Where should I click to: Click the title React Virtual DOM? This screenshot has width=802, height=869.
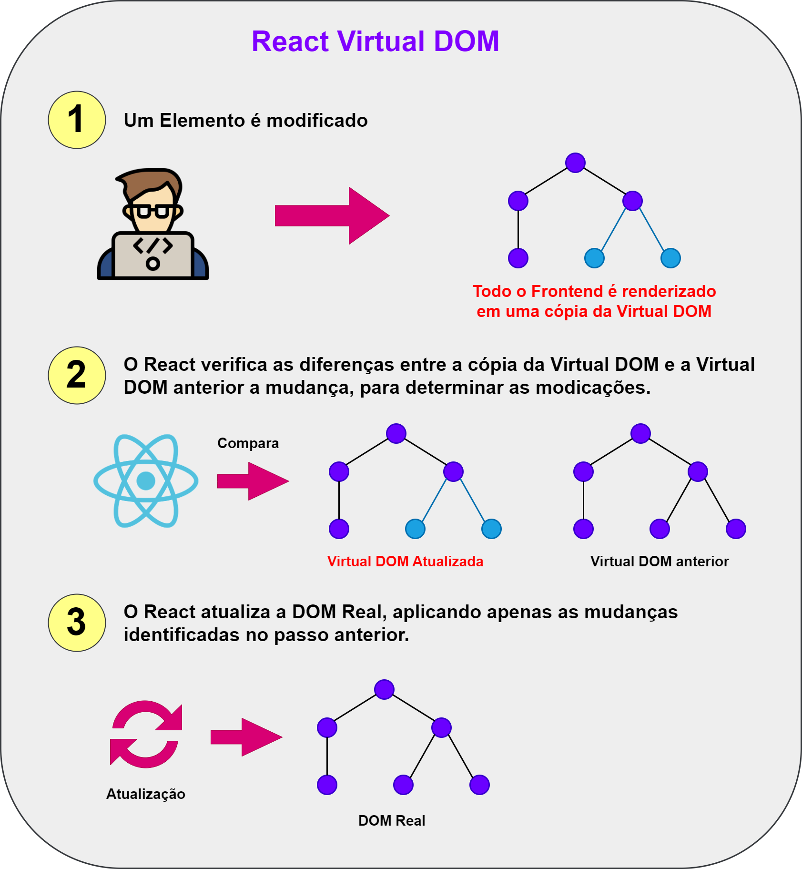[375, 41]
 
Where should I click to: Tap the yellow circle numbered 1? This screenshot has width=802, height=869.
[77, 120]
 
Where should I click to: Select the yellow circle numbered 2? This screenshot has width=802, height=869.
[77, 375]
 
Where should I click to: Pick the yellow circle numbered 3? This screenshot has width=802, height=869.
[77, 623]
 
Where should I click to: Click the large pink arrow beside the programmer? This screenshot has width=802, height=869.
[332, 215]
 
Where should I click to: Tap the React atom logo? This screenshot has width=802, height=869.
[146, 481]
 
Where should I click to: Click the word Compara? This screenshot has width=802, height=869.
[248, 443]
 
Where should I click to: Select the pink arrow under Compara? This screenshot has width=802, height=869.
[253, 481]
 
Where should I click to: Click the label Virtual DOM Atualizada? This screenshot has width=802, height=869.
[405, 562]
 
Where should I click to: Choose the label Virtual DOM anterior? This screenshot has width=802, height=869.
[660, 562]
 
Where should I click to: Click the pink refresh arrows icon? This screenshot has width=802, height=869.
[146, 734]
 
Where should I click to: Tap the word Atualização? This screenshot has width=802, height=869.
[146, 794]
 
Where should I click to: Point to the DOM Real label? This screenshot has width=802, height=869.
[392, 821]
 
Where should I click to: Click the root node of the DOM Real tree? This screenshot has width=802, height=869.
[384, 689]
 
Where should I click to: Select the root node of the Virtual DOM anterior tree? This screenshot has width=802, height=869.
[640, 433]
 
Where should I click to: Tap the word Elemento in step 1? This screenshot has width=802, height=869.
[203, 121]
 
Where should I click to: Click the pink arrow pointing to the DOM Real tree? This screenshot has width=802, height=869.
[246, 737]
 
